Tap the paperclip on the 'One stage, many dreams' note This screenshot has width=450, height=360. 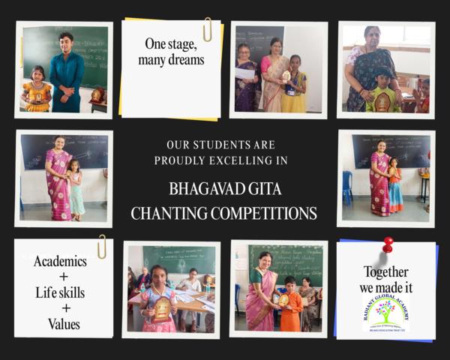(x=207, y=29)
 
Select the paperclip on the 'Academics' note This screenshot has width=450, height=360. (x=101, y=246)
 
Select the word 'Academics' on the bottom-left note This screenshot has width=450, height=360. (x=60, y=262)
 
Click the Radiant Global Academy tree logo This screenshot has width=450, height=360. (x=386, y=309)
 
